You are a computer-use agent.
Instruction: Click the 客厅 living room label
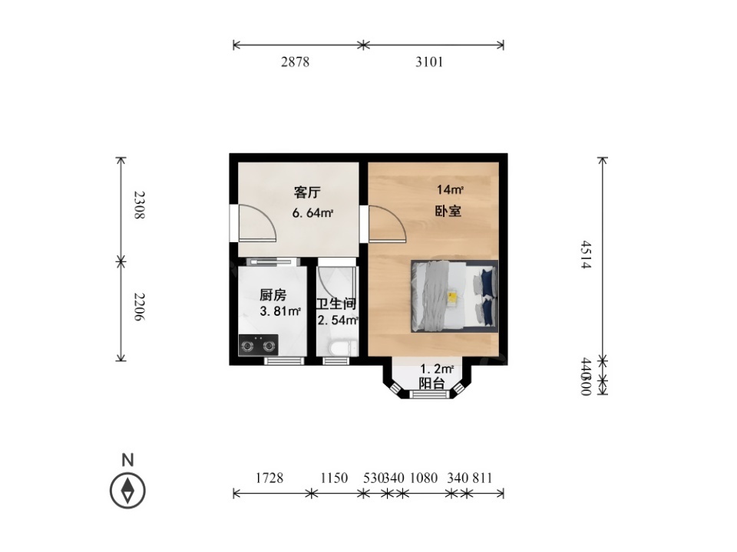pyautogui.click(x=306, y=192)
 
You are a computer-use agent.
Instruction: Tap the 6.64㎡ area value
pyautogui.click(x=312, y=213)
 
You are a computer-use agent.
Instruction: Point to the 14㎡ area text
pyautogui.click(x=450, y=189)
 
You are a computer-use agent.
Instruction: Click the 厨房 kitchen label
pyautogui.click(x=273, y=294)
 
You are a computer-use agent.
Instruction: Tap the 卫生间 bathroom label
pyautogui.click(x=336, y=304)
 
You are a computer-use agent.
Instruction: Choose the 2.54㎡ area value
pyautogui.click(x=338, y=320)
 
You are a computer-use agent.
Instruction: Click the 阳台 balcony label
pyautogui.click(x=431, y=383)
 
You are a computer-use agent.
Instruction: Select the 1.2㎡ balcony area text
pyautogui.click(x=437, y=369)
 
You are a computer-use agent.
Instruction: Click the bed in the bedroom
pyautogui.click(x=454, y=296)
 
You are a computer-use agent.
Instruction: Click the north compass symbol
pyautogui.click(x=127, y=489)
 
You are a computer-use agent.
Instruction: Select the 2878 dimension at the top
pyautogui.click(x=295, y=62)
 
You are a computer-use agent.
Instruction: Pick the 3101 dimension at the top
pyautogui.click(x=429, y=62)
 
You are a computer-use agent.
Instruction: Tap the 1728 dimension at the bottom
pyautogui.click(x=269, y=478)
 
